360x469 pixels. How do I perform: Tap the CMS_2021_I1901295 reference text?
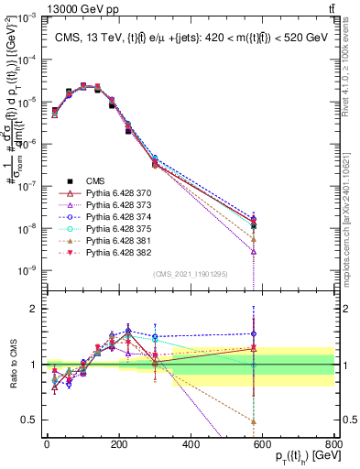point(191,274)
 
